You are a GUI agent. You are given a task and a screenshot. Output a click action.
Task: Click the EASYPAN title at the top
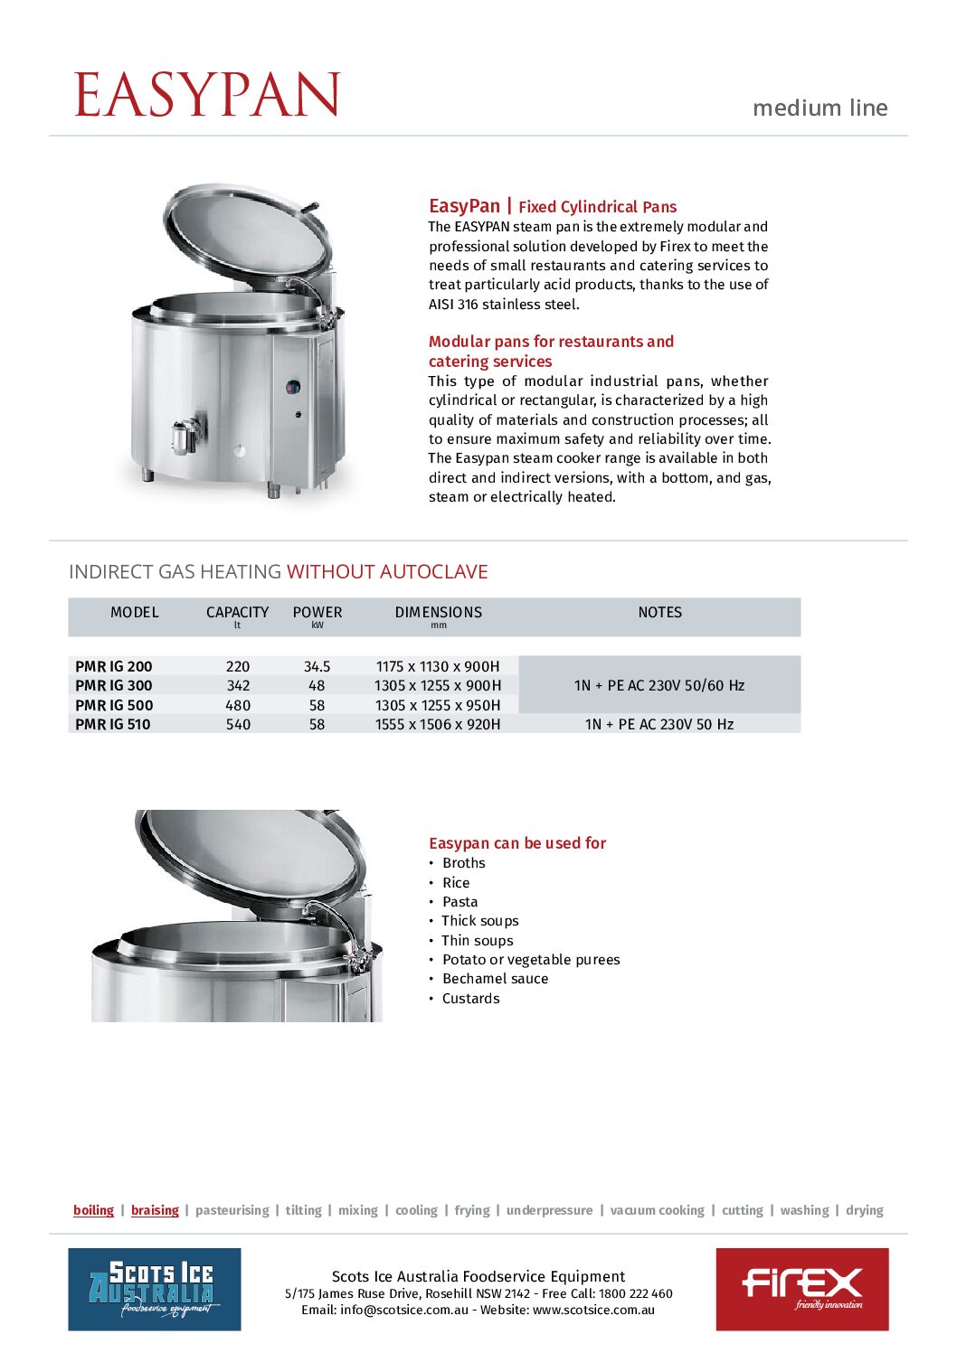coord(207,95)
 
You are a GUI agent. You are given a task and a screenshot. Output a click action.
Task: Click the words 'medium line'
coord(820,108)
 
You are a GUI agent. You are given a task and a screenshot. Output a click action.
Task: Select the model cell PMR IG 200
coord(114,666)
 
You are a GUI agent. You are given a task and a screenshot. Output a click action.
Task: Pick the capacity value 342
coord(238,686)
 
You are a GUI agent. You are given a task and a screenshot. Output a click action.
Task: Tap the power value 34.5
coord(317,666)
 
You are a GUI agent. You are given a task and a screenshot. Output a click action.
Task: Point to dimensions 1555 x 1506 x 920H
coord(438,724)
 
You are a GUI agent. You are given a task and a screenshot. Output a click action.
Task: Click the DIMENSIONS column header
coord(439,613)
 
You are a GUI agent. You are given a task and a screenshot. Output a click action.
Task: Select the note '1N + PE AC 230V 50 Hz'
coord(659,724)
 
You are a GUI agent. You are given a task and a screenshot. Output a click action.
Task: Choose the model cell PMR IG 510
coord(113,724)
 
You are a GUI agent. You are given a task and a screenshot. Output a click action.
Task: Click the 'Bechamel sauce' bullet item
coord(495,979)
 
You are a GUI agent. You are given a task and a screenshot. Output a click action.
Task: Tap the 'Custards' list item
coord(470,999)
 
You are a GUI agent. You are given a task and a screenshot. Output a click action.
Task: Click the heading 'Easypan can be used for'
coord(517,843)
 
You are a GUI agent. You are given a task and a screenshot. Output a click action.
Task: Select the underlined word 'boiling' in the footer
coord(94,1210)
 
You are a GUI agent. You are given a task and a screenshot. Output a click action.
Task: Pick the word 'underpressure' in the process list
coord(549,1210)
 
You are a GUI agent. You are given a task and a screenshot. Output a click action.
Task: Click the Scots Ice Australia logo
coord(155,1289)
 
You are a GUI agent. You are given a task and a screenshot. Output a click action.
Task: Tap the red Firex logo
coord(802,1289)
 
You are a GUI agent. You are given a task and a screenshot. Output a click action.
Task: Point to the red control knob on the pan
coord(293,388)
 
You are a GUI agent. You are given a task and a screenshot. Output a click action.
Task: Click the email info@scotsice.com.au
coord(404,1310)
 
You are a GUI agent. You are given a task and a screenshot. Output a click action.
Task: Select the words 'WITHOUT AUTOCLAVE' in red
coord(387,572)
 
